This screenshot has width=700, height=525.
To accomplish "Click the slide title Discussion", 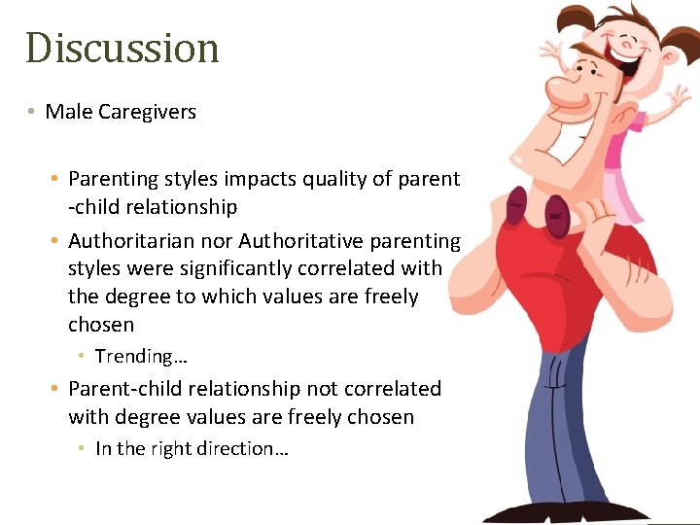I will [x=122, y=48].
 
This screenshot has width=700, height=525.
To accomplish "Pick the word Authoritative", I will [x=307, y=240].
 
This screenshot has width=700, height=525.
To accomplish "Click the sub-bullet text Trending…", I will [x=141, y=357].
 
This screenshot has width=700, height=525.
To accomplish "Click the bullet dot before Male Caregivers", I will [x=32, y=112].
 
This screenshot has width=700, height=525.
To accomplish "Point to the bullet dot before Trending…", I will [x=83, y=357].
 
